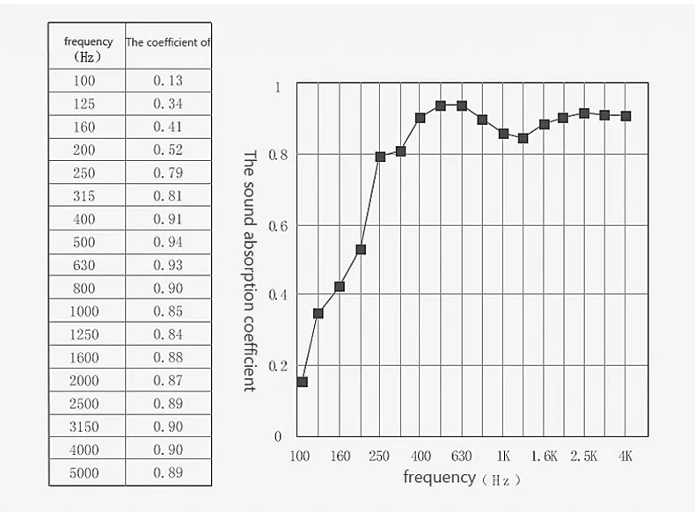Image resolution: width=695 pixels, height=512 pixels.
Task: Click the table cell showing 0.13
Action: (x=168, y=81)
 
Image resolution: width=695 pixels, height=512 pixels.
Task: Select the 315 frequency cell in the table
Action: (x=85, y=196)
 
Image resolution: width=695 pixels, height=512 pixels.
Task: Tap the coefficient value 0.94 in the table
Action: (x=168, y=242)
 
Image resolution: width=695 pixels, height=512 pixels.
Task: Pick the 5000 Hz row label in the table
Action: (x=85, y=472)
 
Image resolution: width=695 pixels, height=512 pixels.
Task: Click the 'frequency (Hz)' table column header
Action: (x=88, y=48)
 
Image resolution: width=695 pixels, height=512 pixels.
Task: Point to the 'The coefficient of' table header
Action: (x=168, y=42)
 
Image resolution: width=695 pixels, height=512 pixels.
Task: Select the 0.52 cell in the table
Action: (x=168, y=150)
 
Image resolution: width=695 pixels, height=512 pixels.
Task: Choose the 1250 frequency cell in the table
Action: (x=85, y=334)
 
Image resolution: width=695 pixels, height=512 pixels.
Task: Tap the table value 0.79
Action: (x=168, y=173)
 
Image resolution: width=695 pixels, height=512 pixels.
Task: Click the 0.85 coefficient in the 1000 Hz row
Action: (x=168, y=311)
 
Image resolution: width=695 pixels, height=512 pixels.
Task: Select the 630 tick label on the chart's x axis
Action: (x=462, y=457)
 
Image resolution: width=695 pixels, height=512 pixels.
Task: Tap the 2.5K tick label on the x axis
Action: (x=584, y=457)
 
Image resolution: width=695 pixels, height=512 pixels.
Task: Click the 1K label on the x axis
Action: (x=503, y=457)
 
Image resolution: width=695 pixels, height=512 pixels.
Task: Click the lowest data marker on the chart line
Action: (x=302, y=382)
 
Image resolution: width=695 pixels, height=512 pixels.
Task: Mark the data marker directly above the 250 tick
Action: (x=380, y=157)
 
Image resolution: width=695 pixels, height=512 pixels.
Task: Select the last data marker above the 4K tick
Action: (x=625, y=116)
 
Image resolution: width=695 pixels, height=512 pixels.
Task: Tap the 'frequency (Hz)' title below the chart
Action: (x=462, y=479)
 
